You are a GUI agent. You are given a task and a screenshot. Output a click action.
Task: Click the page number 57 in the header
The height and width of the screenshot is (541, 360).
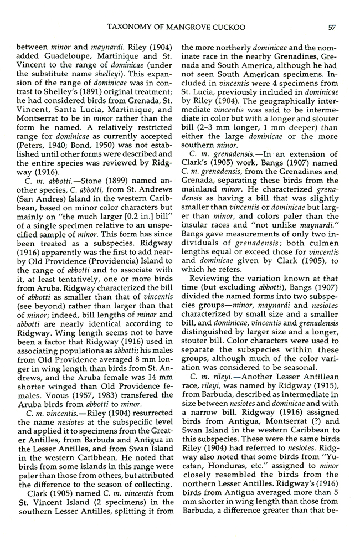pyautogui.click(x=332, y=25)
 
